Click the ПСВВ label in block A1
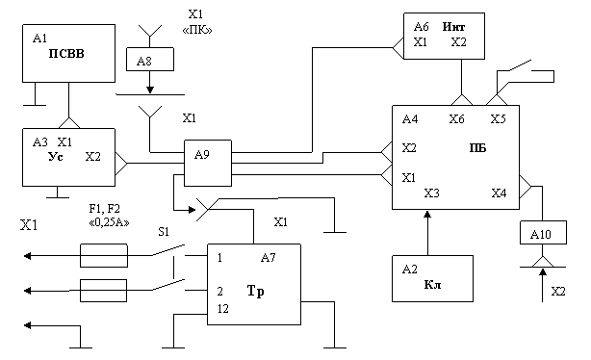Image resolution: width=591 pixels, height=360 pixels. pyautogui.click(x=66, y=54)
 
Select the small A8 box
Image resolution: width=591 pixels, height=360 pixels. pyautogui.click(x=150, y=59)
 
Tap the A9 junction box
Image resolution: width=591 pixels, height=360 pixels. pyautogui.click(x=208, y=164)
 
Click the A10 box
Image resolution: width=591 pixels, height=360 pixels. pyautogui.click(x=543, y=233)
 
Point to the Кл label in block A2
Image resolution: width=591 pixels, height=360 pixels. pyautogui.click(x=432, y=284)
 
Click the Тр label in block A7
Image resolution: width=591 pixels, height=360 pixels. pyautogui.click(x=255, y=292)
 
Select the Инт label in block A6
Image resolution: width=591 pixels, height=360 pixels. pyautogui.click(x=453, y=27)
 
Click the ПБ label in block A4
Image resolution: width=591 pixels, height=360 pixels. pyautogui.click(x=477, y=148)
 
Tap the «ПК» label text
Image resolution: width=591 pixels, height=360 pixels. pyautogui.click(x=197, y=30)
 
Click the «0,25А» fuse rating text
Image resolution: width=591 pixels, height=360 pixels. pyautogui.click(x=109, y=222)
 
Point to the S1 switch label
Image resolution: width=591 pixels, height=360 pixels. pyautogui.click(x=164, y=232)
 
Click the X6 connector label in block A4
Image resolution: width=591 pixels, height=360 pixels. pyautogui.click(x=456, y=119)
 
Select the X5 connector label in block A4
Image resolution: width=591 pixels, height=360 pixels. pyautogui.click(x=498, y=119)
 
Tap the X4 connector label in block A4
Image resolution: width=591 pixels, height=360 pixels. pyautogui.click(x=499, y=193)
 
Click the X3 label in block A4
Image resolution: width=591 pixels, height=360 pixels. pyautogui.click(x=431, y=193)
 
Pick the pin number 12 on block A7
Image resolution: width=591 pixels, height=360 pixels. pyautogui.click(x=222, y=309)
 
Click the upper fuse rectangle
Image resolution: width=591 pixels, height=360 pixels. pyautogui.click(x=104, y=256)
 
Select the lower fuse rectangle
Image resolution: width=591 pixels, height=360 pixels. pyautogui.click(x=104, y=291)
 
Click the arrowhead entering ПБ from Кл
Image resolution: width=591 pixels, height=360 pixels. pyautogui.click(x=427, y=214)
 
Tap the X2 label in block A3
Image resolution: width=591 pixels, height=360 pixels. pyautogui.click(x=92, y=157)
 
